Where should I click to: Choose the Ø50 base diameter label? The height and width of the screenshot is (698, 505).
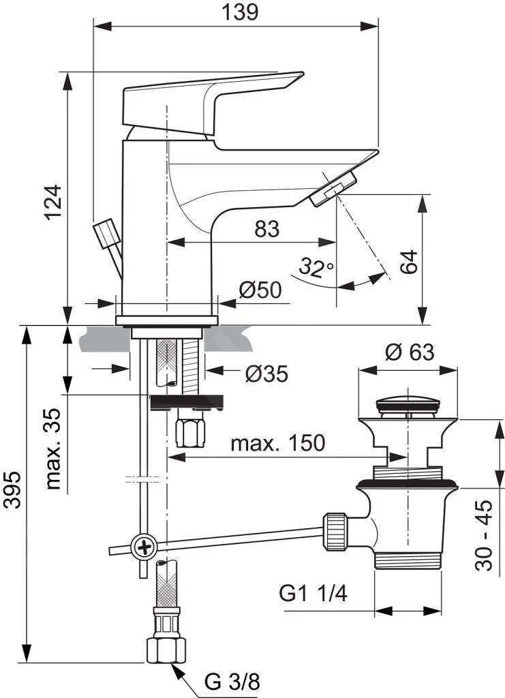coord(260,290)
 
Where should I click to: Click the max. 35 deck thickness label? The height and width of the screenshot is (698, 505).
coord(55,451)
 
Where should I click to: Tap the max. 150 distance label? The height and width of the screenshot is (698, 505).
coord(277,444)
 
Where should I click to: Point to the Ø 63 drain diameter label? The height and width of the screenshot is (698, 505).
coord(409,352)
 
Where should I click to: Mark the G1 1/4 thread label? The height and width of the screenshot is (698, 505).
coord(313,593)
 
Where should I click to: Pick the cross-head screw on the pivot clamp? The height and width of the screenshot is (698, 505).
coord(144,547)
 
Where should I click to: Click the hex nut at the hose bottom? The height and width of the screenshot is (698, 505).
coord(166,649)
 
